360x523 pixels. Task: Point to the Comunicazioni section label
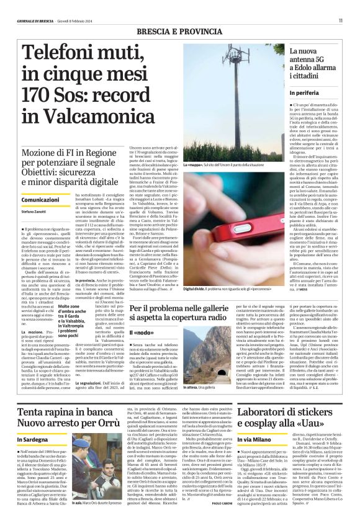pyautogui.click(x=40, y=200)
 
